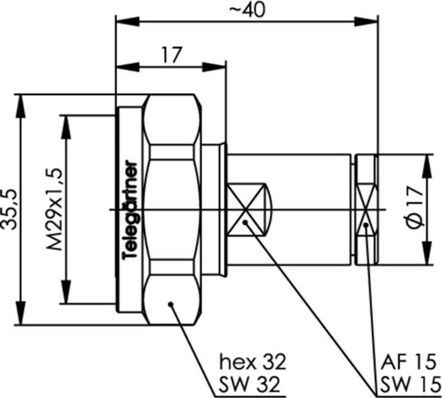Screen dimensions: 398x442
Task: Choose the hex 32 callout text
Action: coord(253,360)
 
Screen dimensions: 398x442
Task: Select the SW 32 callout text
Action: coord(250,384)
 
